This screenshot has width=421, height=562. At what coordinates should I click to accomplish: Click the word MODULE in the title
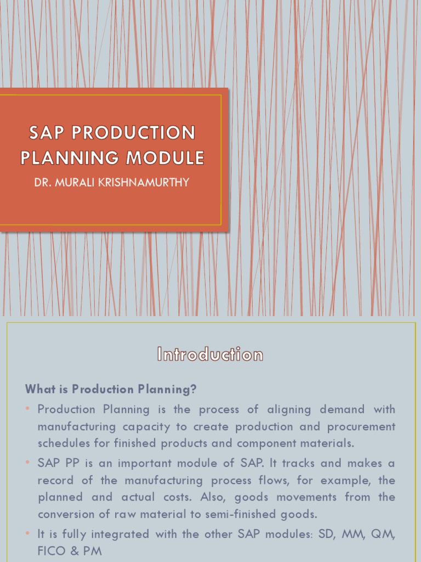pyautogui.click(x=166, y=158)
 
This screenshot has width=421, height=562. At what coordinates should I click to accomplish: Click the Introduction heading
pyautogui.click(x=210, y=355)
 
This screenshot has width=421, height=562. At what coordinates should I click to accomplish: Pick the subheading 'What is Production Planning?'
pyautogui.click(x=111, y=389)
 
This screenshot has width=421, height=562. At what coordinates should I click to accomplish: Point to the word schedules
pyautogui.click(x=60, y=443)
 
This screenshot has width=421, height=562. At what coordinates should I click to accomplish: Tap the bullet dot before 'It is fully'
pyautogui.click(x=27, y=534)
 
